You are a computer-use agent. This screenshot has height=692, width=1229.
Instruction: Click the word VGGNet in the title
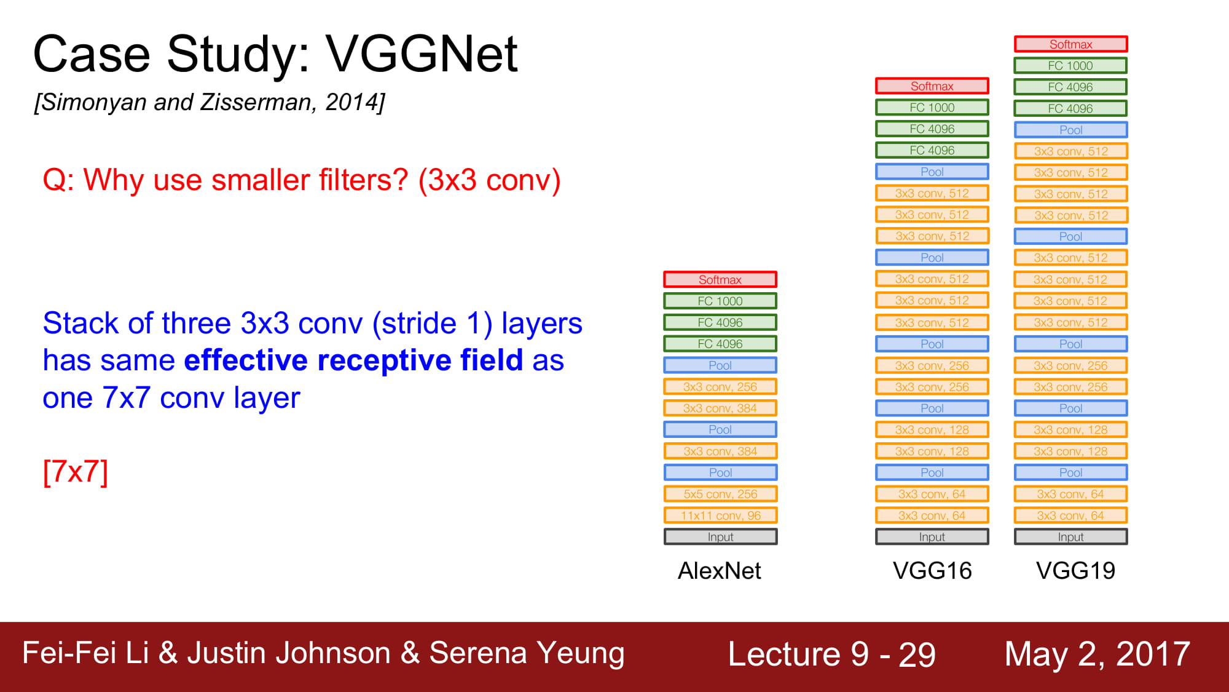(x=422, y=54)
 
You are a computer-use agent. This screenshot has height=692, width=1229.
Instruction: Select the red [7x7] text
(x=76, y=472)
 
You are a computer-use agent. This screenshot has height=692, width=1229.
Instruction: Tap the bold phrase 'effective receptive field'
(x=353, y=360)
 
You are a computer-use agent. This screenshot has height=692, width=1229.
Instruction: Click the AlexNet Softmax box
(x=720, y=279)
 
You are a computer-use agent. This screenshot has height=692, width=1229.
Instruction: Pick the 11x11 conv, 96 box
(x=720, y=515)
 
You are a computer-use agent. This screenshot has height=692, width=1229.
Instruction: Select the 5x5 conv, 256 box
(x=720, y=494)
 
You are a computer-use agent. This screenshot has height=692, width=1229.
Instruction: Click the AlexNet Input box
(x=720, y=537)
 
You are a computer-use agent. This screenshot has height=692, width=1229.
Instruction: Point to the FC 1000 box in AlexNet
(x=720, y=301)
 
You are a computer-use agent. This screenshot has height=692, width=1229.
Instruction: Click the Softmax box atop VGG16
(x=932, y=86)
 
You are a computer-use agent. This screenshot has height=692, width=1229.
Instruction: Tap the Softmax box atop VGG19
(x=1071, y=44)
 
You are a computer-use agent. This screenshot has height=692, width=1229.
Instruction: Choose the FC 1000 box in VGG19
(x=1071, y=66)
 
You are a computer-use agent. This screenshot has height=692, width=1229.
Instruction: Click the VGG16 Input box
(x=932, y=537)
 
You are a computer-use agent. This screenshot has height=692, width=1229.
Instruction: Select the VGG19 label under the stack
(x=1075, y=571)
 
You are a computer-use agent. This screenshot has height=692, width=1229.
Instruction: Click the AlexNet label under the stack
(x=719, y=571)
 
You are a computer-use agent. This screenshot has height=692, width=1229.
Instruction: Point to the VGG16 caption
(x=932, y=571)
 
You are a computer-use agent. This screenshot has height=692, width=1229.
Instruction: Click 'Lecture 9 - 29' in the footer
(x=831, y=654)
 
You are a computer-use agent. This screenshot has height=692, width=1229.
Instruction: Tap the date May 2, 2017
(x=1097, y=654)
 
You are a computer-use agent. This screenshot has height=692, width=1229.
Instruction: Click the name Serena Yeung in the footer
(x=527, y=653)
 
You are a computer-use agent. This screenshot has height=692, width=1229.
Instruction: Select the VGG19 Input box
(x=1071, y=537)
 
